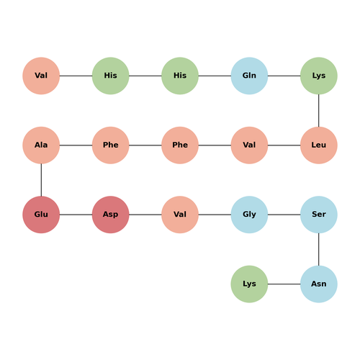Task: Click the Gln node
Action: pos(249,76)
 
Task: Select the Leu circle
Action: pos(319,145)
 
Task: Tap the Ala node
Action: pos(41,145)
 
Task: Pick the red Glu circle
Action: pos(41,215)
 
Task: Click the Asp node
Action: pos(111,215)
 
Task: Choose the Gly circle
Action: pos(249,215)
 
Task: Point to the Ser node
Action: pos(319,215)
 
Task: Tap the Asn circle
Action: pos(319,284)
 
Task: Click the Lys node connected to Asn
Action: pos(249,284)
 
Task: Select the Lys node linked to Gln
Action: pos(319,76)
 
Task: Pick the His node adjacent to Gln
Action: pos(180,76)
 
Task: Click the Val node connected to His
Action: pos(41,76)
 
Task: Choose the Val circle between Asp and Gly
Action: pos(180,215)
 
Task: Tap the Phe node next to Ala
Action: pos(111,145)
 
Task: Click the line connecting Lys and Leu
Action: pos(319,110)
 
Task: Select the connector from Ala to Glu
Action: pos(41,180)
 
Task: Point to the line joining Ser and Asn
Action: pos(319,249)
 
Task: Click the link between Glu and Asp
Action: pos(76,215)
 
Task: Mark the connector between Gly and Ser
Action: pos(284,215)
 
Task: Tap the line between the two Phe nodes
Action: pos(145,145)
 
